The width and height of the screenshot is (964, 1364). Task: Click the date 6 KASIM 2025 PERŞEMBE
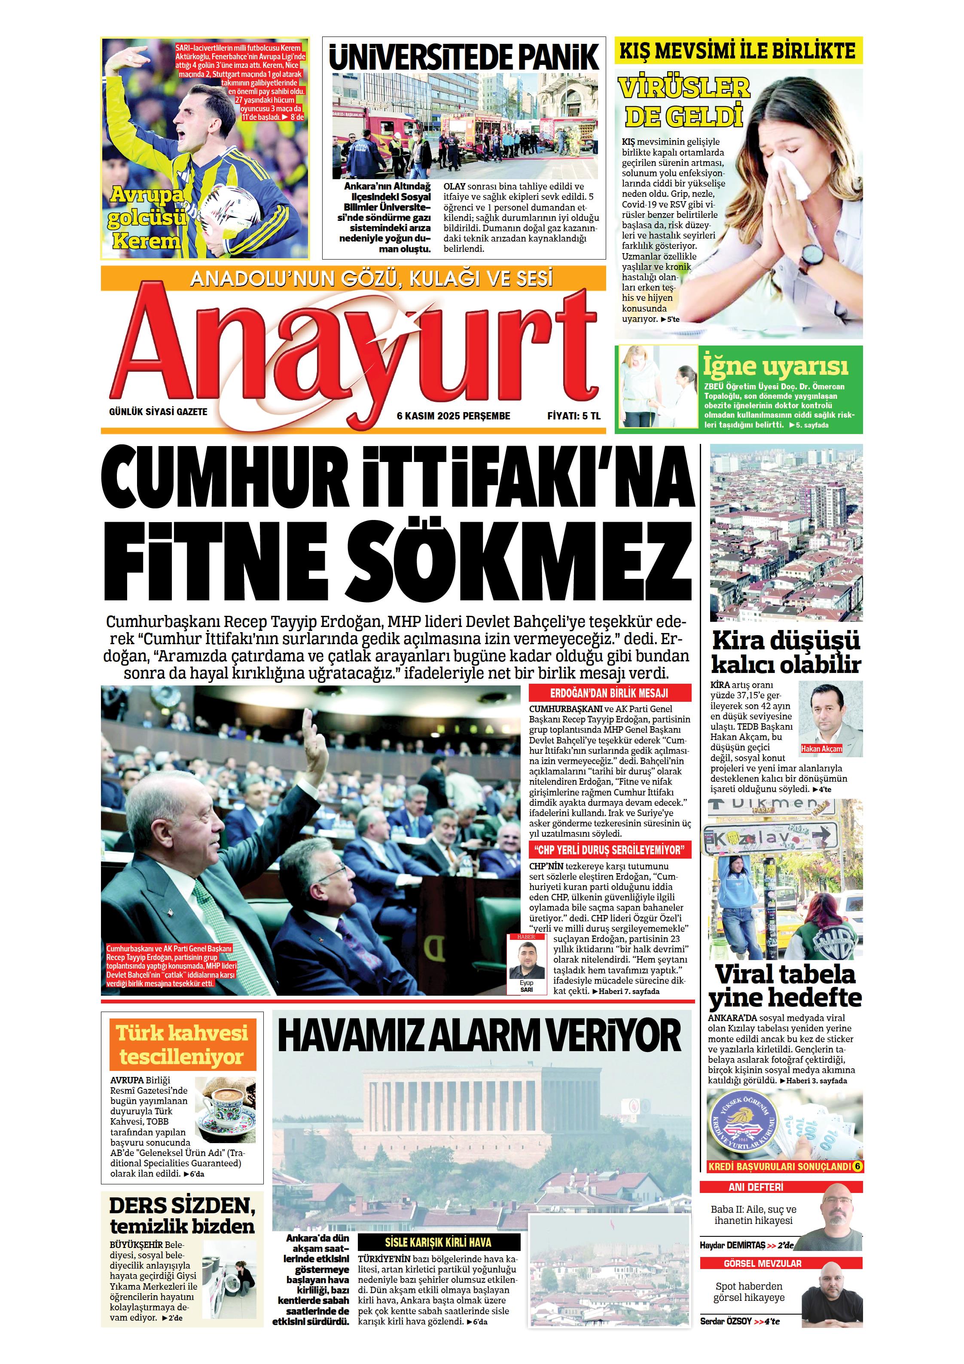(453, 416)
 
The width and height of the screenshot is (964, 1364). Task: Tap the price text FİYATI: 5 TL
(574, 416)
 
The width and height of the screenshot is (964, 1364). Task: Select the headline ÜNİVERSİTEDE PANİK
(464, 58)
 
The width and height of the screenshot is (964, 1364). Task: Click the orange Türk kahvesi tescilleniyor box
(182, 1044)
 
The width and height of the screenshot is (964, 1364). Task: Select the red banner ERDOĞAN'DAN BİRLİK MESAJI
(610, 693)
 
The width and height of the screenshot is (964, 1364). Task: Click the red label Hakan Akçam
(821, 749)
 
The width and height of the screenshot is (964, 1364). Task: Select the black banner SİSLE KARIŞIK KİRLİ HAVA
(438, 1242)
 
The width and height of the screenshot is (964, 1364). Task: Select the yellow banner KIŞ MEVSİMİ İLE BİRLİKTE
(737, 51)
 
